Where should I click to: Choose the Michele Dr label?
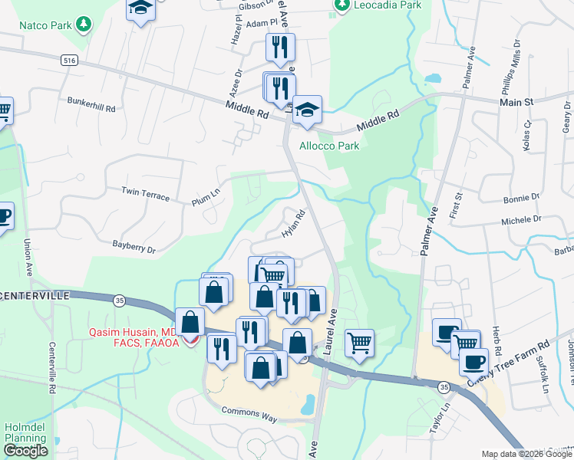coord(521,219)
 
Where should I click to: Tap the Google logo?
coord(25,451)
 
